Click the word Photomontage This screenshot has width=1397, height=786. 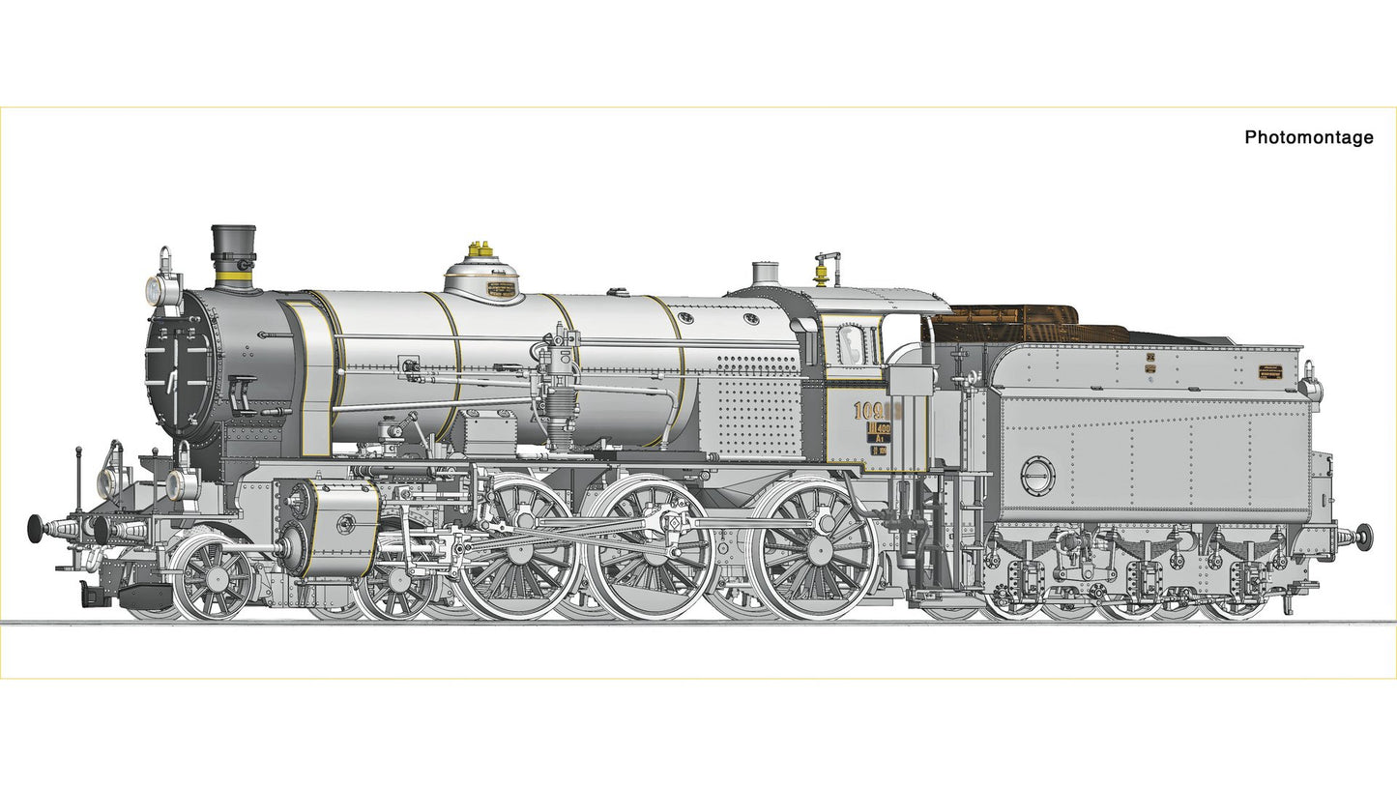tap(1308, 137)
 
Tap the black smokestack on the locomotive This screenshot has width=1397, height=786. tap(233, 252)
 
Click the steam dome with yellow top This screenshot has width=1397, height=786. tap(480, 270)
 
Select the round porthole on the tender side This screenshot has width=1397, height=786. tap(1037, 475)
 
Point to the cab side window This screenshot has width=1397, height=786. tap(852, 345)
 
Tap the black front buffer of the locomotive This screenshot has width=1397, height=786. tap(37, 528)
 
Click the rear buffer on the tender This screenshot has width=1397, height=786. tap(1363, 536)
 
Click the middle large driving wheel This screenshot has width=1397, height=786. tap(655, 548)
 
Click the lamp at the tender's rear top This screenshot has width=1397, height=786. tap(1310, 386)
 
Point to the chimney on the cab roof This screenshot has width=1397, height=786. tap(765, 273)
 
